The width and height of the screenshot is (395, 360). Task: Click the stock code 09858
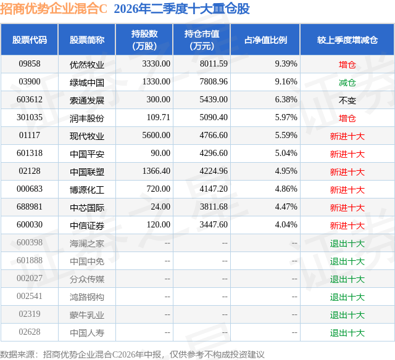point(30,64)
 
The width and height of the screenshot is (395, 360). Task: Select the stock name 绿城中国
point(87,82)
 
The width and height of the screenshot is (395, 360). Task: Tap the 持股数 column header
point(144,39)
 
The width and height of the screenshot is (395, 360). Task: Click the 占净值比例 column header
point(265,39)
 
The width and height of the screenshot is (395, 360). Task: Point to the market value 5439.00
point(214,100)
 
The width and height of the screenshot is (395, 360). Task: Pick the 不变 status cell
point(347,100)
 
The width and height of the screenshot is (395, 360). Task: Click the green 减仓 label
point(347,82)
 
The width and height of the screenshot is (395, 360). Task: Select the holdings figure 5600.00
point(156,136)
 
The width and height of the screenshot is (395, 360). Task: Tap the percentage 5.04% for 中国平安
point(286,153)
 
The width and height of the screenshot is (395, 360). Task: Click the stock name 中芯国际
point(87,208)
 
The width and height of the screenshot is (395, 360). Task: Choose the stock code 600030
point(30,224)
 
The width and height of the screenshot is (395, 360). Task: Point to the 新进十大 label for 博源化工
point(347,190)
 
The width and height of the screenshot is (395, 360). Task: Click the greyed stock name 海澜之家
point(87,243)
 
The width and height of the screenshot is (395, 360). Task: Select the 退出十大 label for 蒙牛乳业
point(347,315)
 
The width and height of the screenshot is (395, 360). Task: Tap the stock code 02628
point(30,332)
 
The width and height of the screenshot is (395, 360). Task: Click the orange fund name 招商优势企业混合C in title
point(54,9)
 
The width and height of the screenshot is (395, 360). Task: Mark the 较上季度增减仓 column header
point(347,39)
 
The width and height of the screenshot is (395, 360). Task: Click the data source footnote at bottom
point(132,354)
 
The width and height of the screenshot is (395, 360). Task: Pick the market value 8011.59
point(214,64)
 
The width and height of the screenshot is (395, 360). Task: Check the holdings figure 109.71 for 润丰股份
point(159,118)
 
